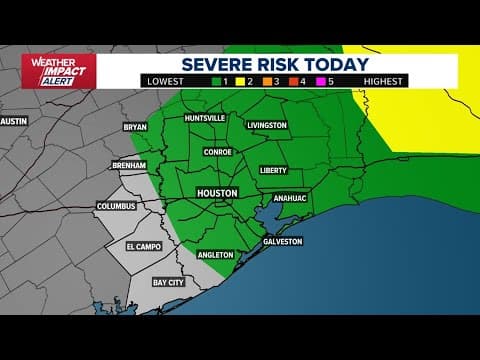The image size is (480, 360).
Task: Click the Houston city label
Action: click(217, 192)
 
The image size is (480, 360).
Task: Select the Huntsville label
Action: click(205, 118)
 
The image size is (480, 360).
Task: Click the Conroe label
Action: click(217, 152)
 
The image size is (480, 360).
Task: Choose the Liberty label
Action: click(273, 170)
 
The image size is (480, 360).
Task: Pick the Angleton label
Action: click(216, 255)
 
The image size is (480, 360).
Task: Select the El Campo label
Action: click(142, 245)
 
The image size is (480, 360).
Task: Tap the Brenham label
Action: click(130, 165)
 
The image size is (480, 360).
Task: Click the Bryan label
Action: click(134, 127)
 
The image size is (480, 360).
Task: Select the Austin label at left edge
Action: click(13, 121)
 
